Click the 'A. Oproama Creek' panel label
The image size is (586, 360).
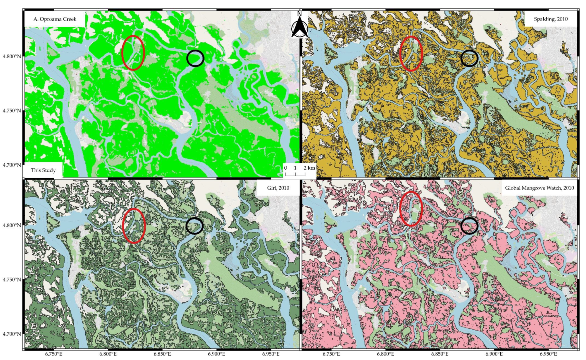coord(55,19)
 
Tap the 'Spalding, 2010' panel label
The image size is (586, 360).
coord(551,19)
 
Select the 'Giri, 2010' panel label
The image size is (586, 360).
coord(278,188)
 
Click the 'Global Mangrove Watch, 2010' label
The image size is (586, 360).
coord(539,188)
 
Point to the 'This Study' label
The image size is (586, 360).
coord(43,170)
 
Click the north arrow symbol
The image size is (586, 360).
coord(299,25)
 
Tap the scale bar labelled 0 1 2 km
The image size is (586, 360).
coord(300,170)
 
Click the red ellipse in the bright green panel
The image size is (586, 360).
coord(133,53)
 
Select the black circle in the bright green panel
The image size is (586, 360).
coord(195,58)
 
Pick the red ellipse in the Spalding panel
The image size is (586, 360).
coord(411,54)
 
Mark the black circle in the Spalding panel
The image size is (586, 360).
coord(469,58)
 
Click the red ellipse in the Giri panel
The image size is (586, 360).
coord(134,226)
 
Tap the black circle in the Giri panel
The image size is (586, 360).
coord(194,226)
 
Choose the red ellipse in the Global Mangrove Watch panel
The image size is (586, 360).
coord(411,209)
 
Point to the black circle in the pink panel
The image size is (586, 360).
coord(469,226)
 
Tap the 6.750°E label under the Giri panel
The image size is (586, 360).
coord(54,354)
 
